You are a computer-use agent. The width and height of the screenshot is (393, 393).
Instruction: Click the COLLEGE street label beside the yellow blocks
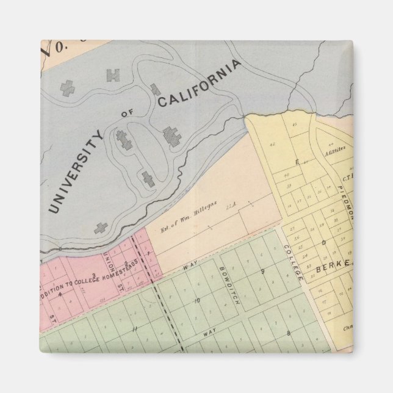coord(293,262)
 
